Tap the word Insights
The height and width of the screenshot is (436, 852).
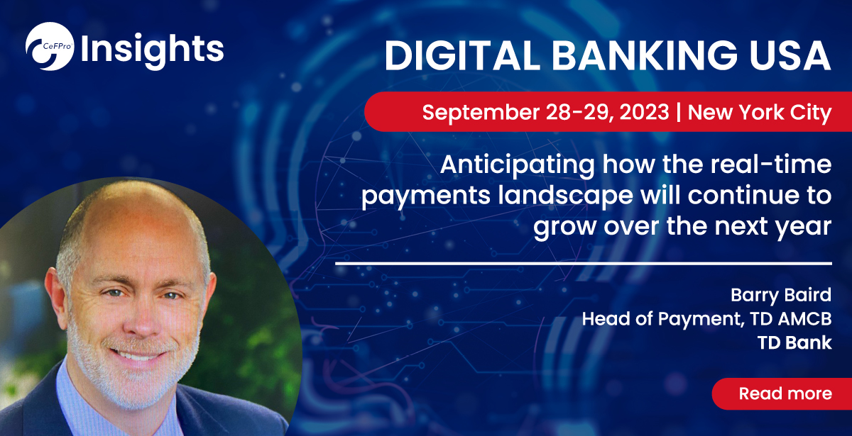(152, 48)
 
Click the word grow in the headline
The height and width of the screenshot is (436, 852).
(562, 228)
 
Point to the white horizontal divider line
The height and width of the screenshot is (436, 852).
(582, 263)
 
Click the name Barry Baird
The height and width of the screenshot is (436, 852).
(781, 294)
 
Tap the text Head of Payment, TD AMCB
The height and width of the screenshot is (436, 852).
(706, 319)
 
